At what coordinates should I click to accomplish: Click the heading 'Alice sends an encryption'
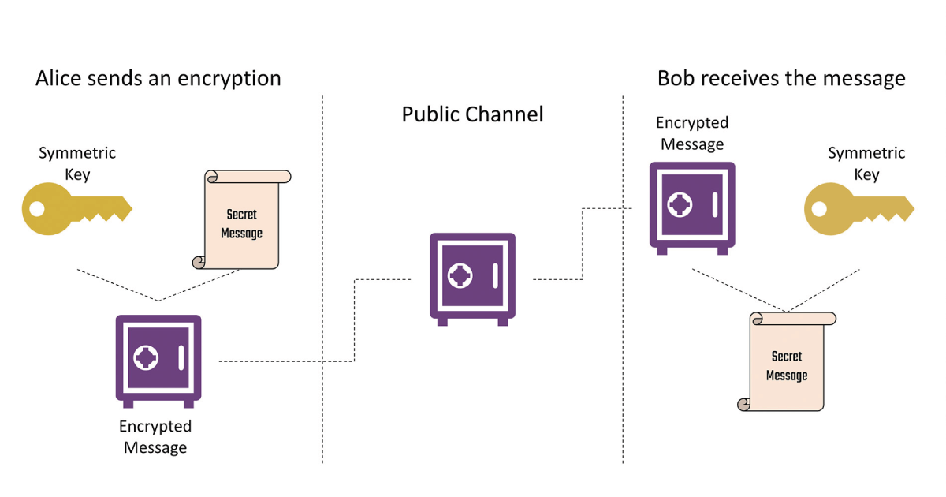tap(158, 79)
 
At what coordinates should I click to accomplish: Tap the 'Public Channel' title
tap(472, 114)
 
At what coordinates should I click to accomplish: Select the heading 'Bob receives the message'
tap(781, 79)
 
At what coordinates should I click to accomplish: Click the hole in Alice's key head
tap(36, 209)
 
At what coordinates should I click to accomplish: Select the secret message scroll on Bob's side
tap(786, 362)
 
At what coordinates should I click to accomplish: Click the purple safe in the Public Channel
tap(472, 278)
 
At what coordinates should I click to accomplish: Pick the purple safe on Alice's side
tap(158, 361)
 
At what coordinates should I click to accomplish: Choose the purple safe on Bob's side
tap(692, 207)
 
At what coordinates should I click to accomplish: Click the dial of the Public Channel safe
tap(460, 275)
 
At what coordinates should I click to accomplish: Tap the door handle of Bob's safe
tap(714, 204)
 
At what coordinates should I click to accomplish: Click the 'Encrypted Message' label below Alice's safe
tap(155, 437)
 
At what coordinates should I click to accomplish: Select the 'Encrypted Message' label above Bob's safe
tap(692, 133)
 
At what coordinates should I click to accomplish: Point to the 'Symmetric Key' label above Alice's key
tap(77, 163)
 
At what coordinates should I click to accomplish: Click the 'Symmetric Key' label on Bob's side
tap(866, 163)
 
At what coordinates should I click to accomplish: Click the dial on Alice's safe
tap(146, 357)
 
